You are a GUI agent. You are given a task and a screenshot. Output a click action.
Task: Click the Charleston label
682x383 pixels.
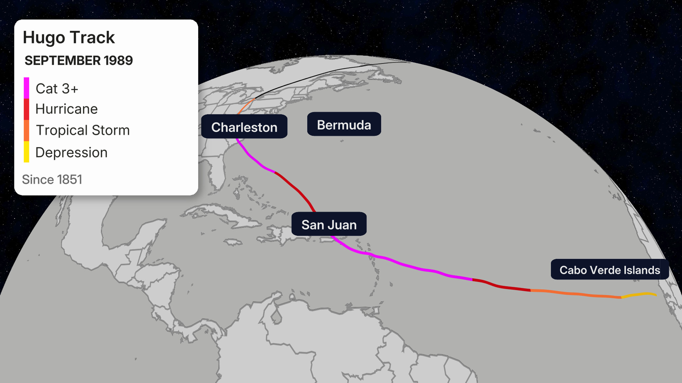tap(244, 127)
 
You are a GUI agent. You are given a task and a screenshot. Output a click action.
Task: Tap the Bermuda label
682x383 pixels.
tap(344, 124)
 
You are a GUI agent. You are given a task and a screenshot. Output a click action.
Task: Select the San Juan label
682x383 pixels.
tap(329, 224)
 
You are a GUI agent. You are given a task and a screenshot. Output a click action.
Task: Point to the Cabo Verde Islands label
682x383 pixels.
tap(609, 270)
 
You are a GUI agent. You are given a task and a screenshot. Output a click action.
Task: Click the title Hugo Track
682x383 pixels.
tap(69, 37)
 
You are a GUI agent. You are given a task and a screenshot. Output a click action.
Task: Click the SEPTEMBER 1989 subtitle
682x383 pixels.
tap(79, 61)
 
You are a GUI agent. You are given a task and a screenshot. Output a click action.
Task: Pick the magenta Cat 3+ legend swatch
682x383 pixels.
tap(27, 88)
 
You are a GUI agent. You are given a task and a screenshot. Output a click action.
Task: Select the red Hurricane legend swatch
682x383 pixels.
tap(27, 109)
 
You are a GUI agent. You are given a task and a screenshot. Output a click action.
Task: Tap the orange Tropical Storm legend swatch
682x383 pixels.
tap(27, 130)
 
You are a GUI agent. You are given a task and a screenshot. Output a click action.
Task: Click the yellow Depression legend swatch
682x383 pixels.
tap(27, 152)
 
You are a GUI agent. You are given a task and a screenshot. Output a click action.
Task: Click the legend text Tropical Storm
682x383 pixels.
tap(83, 130)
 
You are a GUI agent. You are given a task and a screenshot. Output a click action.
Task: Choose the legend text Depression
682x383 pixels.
tap(71, 153)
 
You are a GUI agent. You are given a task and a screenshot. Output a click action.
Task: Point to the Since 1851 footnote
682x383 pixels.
tap(52, 180)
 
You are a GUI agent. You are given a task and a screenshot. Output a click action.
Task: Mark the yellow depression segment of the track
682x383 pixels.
tap(639, 295)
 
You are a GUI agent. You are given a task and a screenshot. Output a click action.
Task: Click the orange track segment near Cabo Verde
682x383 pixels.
tap(576, 294)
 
